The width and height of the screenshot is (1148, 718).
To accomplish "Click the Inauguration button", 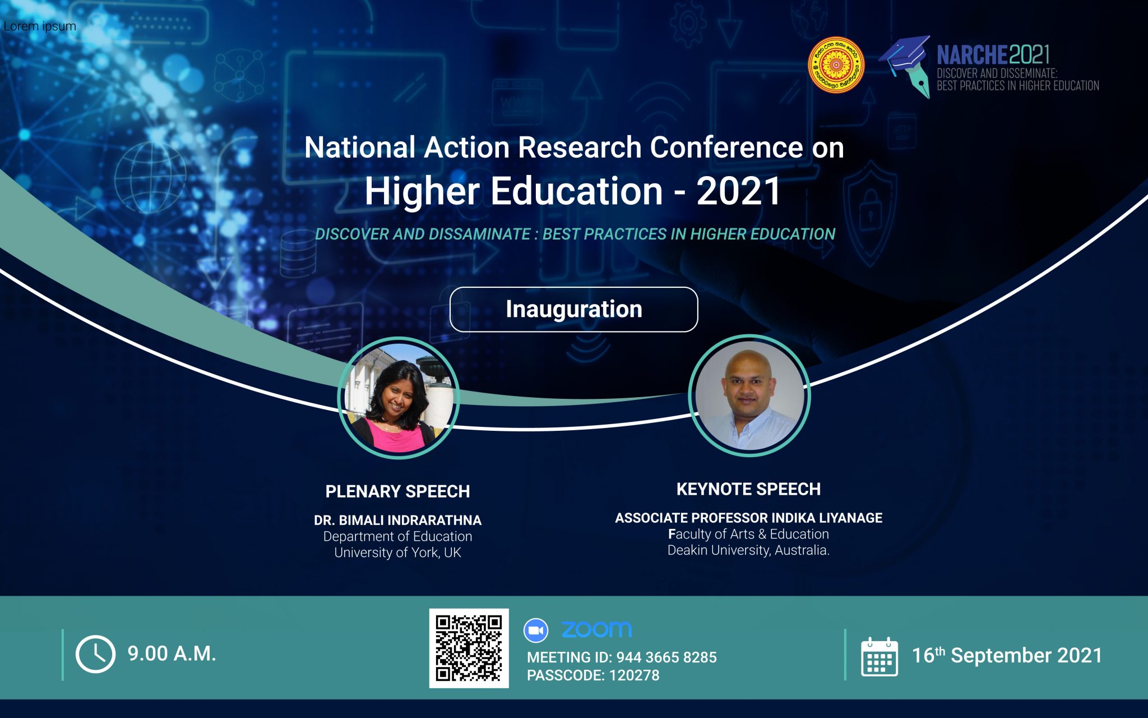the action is click(x=573, y=310).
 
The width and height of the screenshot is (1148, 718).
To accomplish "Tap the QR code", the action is click(x=469, y=648).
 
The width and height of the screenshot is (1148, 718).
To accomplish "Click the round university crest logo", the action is click(x=836, y=65).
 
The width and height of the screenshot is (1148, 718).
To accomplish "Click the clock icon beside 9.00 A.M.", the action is click(x=95, y=654).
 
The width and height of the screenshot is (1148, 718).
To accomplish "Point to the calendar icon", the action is click(x=879, y=656).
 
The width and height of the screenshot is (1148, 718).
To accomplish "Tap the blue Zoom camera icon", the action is click(x=536, y=630).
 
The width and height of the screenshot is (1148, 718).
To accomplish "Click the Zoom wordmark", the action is click(x=596, y=629).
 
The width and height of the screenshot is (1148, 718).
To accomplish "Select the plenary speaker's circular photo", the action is click(x=399, y=398).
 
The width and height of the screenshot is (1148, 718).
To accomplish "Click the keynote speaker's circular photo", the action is click(x=749, y=395).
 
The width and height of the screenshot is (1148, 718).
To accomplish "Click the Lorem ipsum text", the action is click(x=40, y=26).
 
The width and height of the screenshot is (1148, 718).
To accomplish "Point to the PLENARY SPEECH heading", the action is click(x=397, y=491).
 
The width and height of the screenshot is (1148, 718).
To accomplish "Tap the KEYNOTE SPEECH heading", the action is click(x=748, y=489).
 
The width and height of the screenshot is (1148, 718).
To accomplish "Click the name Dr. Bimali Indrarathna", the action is click(x=397, y=521).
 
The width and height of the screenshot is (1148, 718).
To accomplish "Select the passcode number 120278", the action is click(x=634, y=675).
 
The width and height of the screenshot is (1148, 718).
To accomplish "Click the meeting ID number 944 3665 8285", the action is click(x=666, y=657).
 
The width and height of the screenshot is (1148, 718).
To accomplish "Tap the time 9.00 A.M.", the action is click(x=172, y=653).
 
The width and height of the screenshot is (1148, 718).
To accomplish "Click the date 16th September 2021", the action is click(x=1007, y=655).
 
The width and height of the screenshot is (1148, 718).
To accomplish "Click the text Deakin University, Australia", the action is click(x=748, y=550).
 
